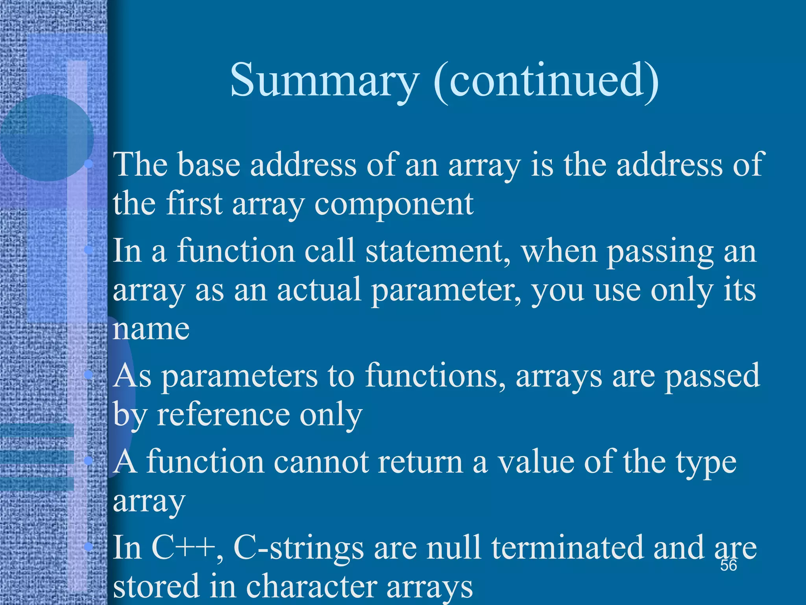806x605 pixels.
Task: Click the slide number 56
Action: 728,566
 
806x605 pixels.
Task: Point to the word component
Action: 394,205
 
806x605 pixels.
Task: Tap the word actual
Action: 319,290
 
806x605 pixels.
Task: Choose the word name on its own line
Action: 151,329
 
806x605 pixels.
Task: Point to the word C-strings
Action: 299,548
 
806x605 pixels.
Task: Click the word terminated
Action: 567,548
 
